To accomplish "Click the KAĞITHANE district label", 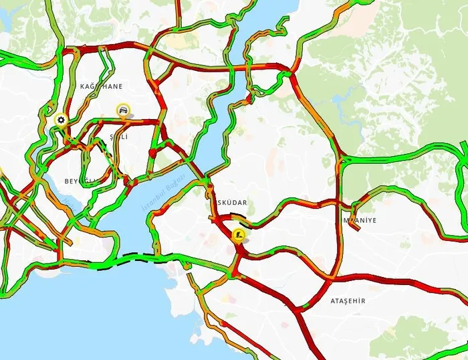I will [x=102, y=87].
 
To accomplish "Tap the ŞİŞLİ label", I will [x=118, y=137].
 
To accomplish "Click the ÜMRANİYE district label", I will [x=360, y=220].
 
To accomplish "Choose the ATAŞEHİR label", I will [x=348, y=301].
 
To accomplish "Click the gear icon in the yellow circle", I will [x=62, y=120].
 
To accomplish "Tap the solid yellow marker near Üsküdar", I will [x=239, y=235].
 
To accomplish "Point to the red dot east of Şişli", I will [x=153, y=153].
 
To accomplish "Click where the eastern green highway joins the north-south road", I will [x=342, y=161].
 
